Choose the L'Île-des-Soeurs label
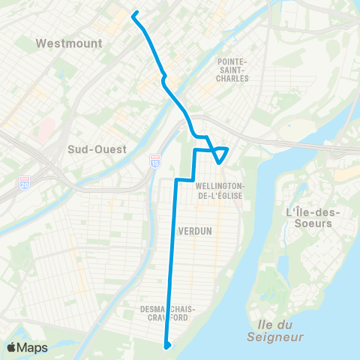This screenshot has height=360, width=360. tap(313, 217)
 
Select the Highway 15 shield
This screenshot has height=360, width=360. tap(155, 161)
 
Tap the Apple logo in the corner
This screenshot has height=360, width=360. tap(12, 347)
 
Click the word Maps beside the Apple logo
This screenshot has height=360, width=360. tap(32, 348)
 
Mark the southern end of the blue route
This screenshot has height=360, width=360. tap(167, 345)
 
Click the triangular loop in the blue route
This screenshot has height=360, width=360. tap(220, 153)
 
